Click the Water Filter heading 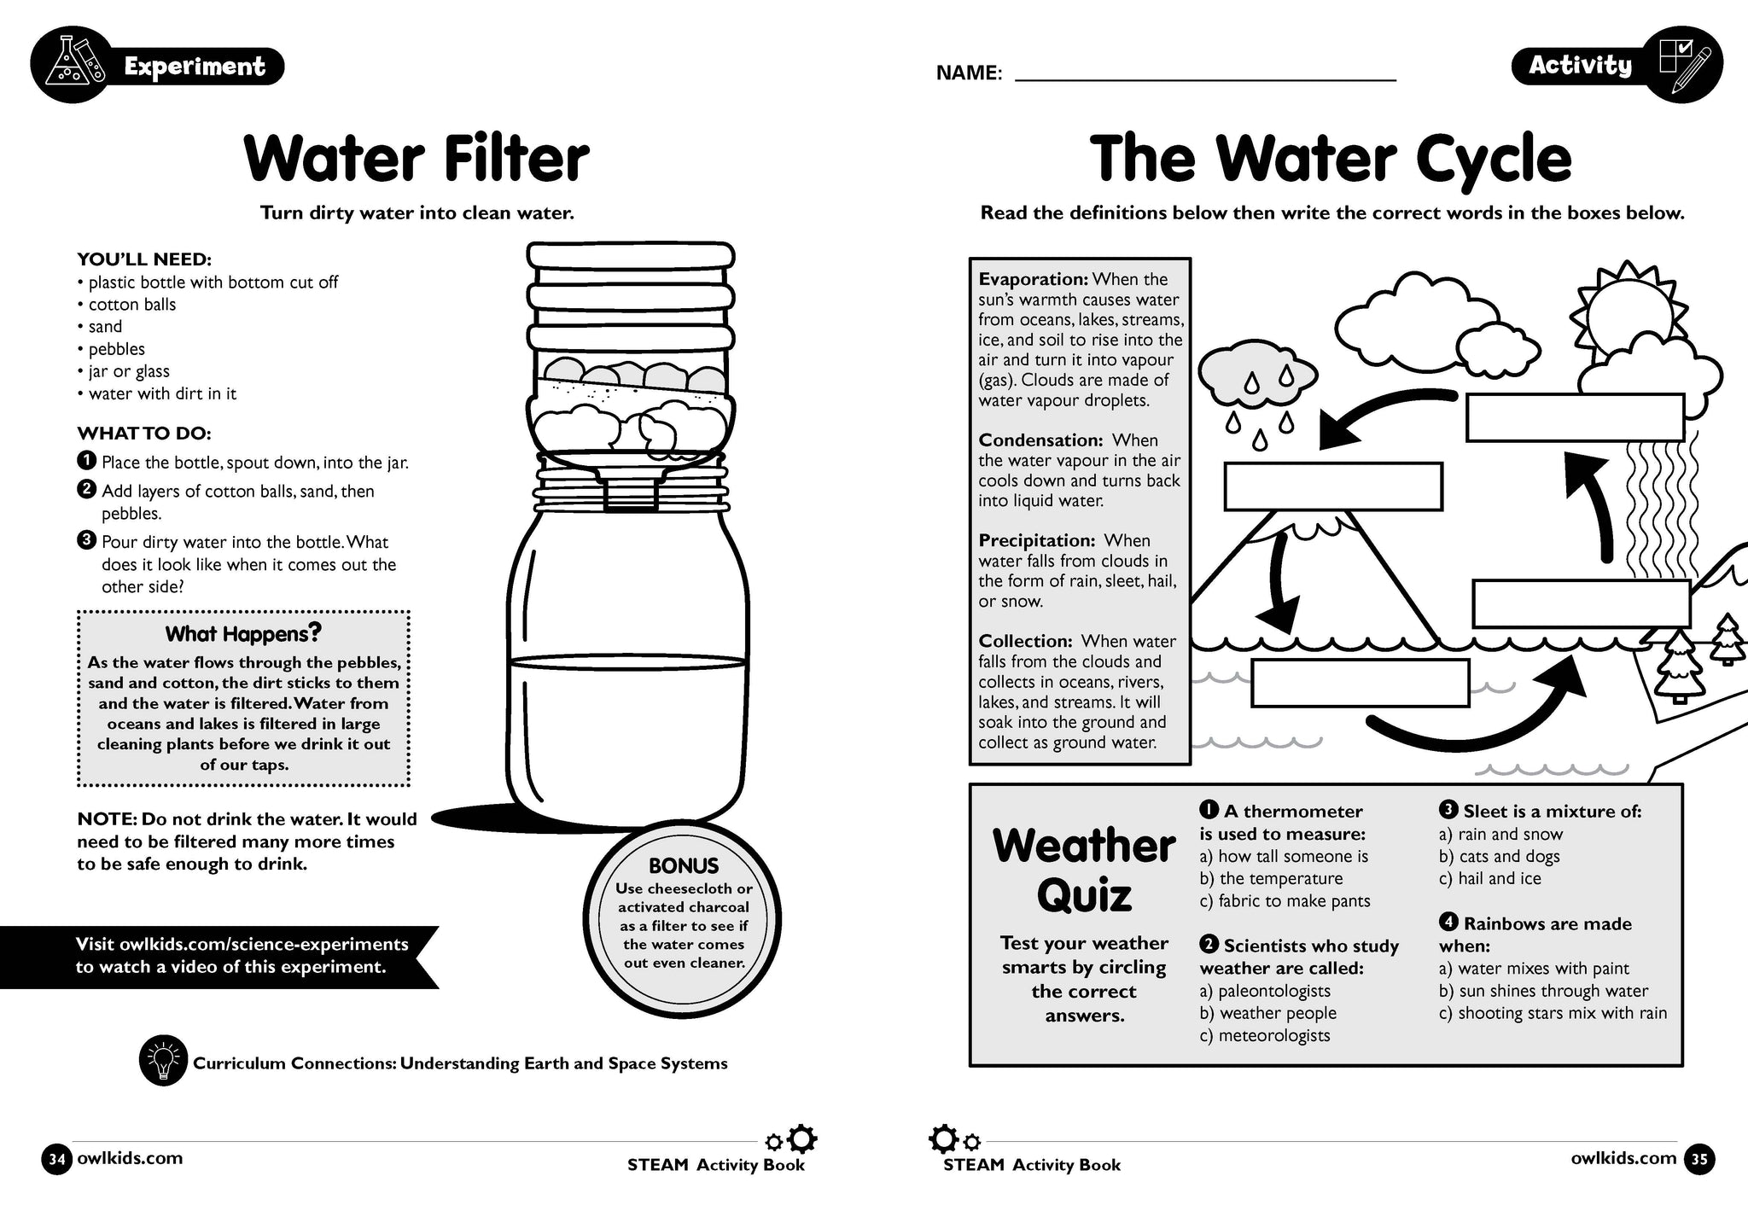(417, 159)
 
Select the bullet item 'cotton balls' (131, 305)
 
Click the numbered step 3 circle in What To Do (86, 540)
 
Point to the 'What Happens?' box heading (243, 633)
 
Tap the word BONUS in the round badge (684, 865)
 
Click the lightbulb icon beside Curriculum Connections (162, 1062)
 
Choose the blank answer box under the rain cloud (1332, 486)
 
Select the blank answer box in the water (1360, 683)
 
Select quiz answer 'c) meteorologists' (1265, 1036)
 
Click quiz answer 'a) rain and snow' (1500, 835)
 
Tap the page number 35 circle (1698, 1159)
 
